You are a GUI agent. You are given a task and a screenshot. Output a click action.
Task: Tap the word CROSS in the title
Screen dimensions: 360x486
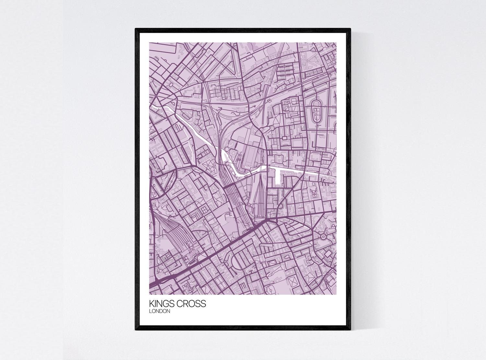click(191, 304)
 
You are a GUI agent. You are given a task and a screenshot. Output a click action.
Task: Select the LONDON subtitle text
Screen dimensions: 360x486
click(159, 311)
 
